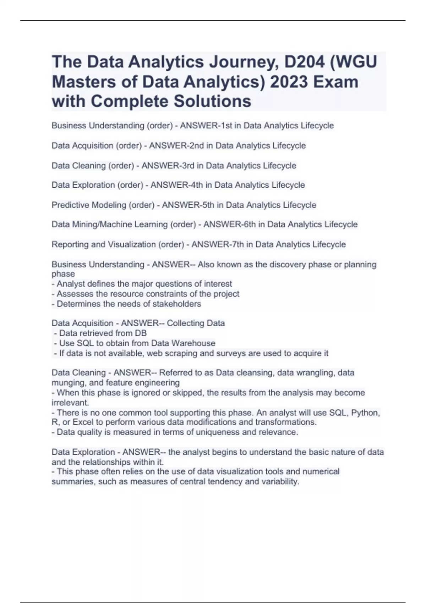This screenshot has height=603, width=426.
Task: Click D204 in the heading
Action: [x=305, y=62]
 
